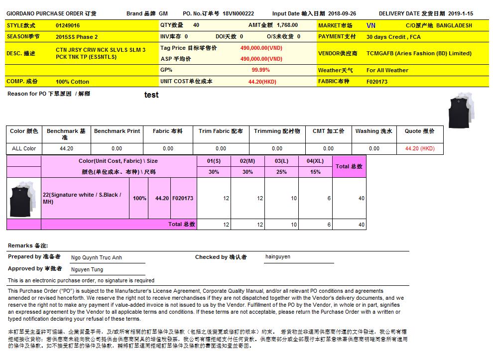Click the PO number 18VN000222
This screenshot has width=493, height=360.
coord(238,14)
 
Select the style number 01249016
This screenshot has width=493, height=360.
coord(68,25)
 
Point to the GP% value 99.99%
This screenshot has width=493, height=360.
coord(260,70)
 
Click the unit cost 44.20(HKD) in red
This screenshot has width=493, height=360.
coord(262,82)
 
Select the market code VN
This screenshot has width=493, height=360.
coord(371,25)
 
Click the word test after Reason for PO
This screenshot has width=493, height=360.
coord(151,95)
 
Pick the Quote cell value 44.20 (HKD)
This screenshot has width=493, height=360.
coord(420,148)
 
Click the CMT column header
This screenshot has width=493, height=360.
coord(328,131)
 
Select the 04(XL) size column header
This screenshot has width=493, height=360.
coord(315,161)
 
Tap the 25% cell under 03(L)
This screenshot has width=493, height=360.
coord(281,172)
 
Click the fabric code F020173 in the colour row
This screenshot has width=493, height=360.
coord(183,198)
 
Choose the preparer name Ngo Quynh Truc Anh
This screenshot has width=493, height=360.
coord(97,258)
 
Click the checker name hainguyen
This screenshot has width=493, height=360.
coord(278,257)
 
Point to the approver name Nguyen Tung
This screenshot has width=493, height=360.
coord(87,270)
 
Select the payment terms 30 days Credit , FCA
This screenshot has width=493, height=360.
coord(393,37)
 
